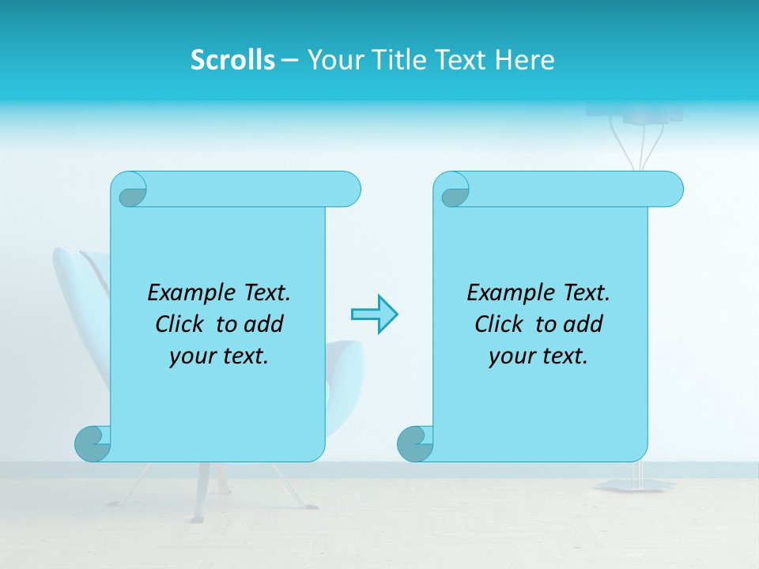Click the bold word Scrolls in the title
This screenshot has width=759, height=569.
click(x=232, y=60)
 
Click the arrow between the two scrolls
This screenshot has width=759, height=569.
click(x=374, y=314)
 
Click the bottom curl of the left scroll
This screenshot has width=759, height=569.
click(x=93, y=443)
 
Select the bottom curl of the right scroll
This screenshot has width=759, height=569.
click(x=415, y=443)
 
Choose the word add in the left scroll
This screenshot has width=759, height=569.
click(x=264, y=324)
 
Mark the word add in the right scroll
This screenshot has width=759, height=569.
click(x=583, y=324)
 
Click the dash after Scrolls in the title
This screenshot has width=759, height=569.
click(x=290, y=60)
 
